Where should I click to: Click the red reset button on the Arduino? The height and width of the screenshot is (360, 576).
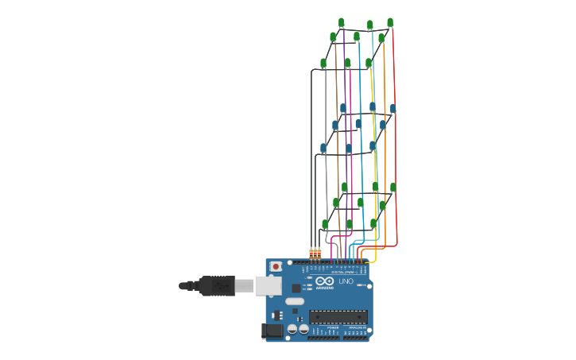click(x=276, y=266)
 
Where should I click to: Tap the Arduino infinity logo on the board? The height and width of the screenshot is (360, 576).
click(x=324, y=281)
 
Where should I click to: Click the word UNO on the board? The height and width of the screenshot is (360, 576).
click(x=346, y=281)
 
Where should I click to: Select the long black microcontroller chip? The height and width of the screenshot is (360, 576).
click(x=338, y=316)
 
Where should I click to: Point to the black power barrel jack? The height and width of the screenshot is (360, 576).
click(x=273, y=331)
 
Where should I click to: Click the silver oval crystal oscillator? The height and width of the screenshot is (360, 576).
click(x=295, y=301)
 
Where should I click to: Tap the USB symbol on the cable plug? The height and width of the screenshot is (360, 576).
click(x=215, y=285)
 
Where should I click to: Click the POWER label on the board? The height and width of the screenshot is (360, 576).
click(x=331, y=327)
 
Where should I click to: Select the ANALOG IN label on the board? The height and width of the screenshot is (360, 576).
click(x=355, y=327)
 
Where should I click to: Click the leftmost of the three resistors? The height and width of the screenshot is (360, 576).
click(x=311, y=254)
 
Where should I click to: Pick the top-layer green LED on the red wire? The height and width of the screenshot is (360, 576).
click(x=390, y=22)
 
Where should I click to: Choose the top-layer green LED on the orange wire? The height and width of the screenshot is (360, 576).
click(x=381, y=38)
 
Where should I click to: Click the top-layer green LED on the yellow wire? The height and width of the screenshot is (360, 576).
click(x=369, y=63)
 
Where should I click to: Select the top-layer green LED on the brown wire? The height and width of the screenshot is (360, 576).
click(x=333, y=37)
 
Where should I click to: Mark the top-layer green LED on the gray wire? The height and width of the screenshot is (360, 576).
click(x=323, y=63)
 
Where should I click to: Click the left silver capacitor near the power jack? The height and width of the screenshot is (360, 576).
click(x=292, y=328)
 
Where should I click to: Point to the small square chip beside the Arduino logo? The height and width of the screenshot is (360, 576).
click(x=296, y=288)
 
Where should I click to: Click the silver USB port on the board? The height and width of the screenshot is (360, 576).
click(x=267, y=285)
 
